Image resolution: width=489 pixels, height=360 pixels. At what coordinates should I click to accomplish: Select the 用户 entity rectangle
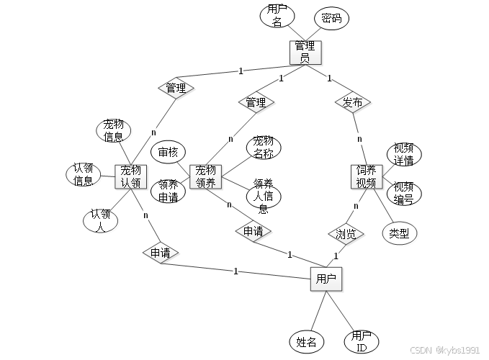326,278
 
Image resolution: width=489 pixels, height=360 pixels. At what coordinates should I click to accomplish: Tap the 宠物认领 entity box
130,176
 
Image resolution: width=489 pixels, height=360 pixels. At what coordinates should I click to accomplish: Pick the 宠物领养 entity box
205,176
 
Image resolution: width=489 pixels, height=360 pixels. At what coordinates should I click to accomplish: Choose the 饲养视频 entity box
365,176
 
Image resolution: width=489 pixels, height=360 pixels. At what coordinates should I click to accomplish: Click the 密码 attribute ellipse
331,19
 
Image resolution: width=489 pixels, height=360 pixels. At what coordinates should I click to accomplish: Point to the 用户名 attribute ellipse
276,16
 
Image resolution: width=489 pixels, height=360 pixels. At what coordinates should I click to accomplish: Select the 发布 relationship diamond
353,103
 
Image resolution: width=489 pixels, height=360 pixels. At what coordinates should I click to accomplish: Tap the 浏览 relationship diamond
346,233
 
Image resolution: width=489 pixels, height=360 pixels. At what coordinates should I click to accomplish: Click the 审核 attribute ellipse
168,152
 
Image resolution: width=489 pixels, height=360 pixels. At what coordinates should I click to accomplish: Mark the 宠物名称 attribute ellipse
264,146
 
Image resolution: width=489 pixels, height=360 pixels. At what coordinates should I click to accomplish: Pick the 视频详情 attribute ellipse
403,154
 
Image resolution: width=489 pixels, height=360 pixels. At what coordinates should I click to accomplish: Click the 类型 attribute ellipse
399,233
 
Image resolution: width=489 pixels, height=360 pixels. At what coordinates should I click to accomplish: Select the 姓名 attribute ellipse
306,341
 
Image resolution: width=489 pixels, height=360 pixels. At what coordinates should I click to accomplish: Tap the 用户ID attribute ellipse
361,341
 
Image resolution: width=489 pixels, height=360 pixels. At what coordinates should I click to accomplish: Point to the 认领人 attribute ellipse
100,220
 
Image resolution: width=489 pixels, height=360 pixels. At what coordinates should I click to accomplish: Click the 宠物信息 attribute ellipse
113,130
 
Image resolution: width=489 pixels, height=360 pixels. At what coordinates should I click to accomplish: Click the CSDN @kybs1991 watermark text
444,349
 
